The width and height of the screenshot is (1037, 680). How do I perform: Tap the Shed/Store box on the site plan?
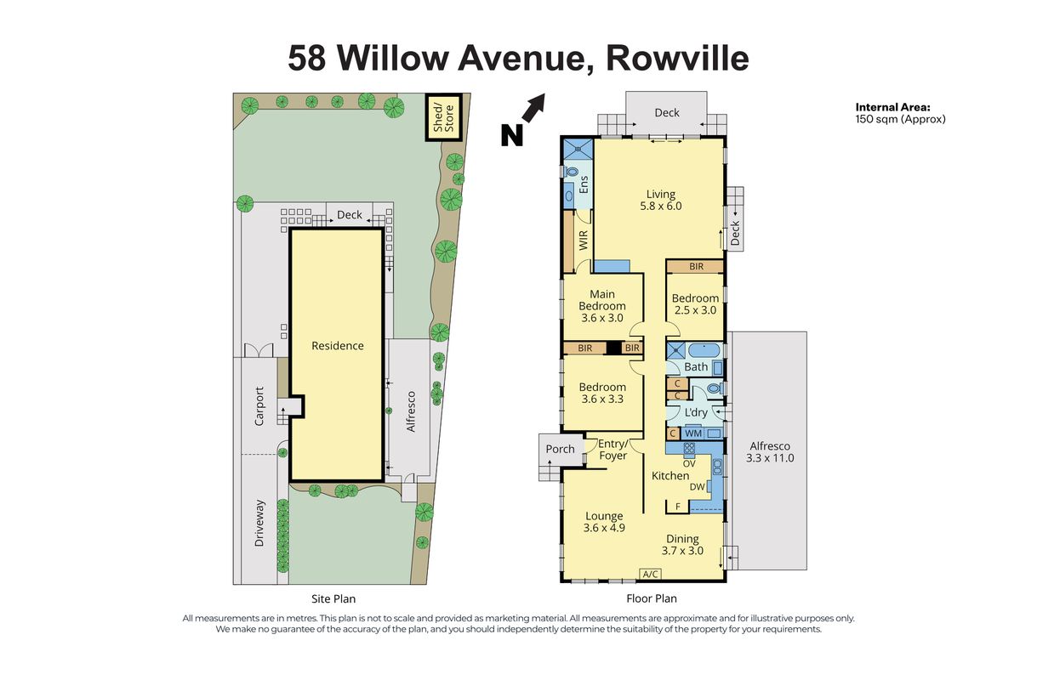pyautogui.click(x=444, y=117)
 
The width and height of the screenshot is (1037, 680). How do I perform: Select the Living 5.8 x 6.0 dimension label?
pyautogui.click(x=661, y=201)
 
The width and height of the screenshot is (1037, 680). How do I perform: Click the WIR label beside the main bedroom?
pyautogui.click(x=584, y=241)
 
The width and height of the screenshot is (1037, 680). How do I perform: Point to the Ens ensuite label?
pyautogui.click(x=584, y=184)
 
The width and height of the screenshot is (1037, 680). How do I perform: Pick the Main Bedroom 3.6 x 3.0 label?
pyautogui.click(x=602, y=306)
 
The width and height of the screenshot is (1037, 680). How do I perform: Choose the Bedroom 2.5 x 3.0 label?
pyautogui.click(x=695, y=304)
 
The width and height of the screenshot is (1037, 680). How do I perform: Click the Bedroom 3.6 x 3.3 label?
pyautogui.click(x=602, y=393)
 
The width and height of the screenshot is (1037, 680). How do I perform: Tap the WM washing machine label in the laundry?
pyautogui.click(x=693, y=433)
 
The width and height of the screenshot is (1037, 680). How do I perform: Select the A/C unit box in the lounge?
pyautogui.click(x=651, y=574)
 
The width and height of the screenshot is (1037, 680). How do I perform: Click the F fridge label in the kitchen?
pyautogui.click(x=678, y=507)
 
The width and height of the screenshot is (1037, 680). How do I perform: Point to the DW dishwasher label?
pyautogui.click(x=698, y=487)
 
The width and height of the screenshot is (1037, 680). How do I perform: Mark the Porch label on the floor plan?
pyautogui.click(x=560, y=449)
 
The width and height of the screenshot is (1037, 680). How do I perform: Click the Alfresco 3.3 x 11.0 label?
pyautogui.click(x=770, y=452)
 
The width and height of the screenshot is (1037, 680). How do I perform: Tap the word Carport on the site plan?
pyautogui.click(x=259, y=406)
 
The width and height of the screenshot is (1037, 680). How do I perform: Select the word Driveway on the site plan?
pyautogui.click(x=259, y=523)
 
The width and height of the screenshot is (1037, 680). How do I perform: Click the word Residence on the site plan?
pyautogui.click(x=338, y=346)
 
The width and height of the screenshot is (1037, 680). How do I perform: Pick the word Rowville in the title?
pyautogui.click(x=677, y=59)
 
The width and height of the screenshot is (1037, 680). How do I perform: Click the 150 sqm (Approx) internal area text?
pyautogui.click(x=900, y=119)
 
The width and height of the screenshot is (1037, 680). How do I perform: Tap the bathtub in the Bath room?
pyautogui.click(x=704, y=351)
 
